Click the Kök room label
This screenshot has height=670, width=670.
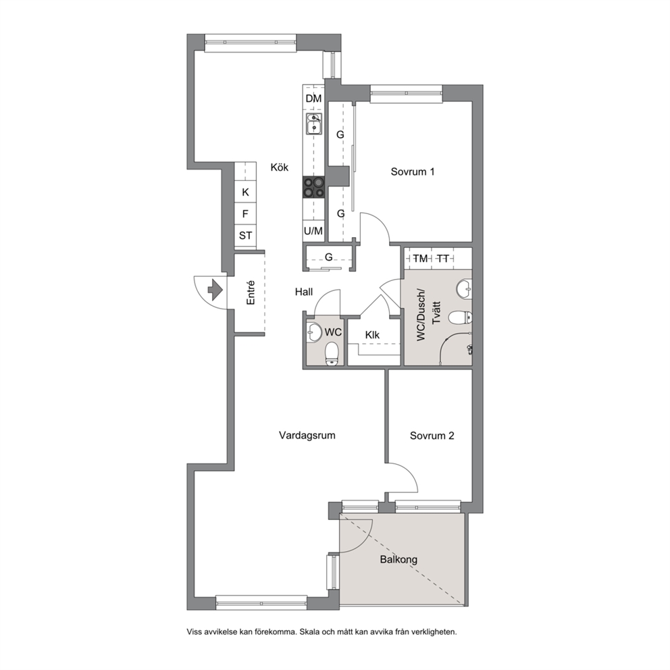point(280,167)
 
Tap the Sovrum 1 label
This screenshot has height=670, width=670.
point(413,172)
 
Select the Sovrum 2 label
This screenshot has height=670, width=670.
point(432,436)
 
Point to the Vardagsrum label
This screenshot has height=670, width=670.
point(307,436)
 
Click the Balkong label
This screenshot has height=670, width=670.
point(398,559)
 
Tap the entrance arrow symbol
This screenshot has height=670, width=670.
point(215,290)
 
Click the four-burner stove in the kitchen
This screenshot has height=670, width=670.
point(314,187)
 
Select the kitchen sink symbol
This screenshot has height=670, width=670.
point(313,124)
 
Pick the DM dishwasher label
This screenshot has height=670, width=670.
point(313,99)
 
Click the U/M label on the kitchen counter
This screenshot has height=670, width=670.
point(313,231)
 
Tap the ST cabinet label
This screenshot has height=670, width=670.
point(245,236)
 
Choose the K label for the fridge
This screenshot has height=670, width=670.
point(245,192)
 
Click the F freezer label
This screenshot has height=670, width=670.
point(245,213)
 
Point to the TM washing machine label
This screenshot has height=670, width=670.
point(421,259)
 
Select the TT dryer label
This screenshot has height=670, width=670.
point(443,259)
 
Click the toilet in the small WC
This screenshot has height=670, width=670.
point(332,354)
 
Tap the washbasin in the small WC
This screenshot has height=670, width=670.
point(314,332)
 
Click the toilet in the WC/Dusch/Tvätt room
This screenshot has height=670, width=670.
point(460,317)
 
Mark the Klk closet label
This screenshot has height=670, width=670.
point(372,335)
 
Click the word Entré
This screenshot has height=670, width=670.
point(251,292)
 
